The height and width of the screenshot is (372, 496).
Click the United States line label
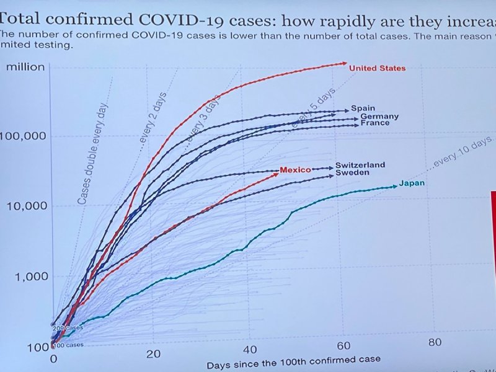(x=377, y=68)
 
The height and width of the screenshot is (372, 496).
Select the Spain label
(x=363, y=108)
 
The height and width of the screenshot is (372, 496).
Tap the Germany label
(x=379, y=117)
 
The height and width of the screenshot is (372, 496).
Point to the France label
(x=375, y=123)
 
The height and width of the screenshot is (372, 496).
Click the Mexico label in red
(x=295, y=170)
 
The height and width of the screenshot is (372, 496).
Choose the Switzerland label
(x=360, y=166)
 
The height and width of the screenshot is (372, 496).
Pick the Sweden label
(x=352, y=173)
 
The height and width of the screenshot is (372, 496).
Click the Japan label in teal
(x=412, y=183)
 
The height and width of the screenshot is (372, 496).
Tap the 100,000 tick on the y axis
(x=24, y=136)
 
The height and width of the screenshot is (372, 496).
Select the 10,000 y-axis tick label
(x=26, y=206)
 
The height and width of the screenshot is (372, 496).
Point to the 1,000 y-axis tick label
(x=29, y=277)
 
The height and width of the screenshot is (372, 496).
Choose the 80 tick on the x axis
(x=434, y=342)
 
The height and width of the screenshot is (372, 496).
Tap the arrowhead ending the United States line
(x=345, y=63)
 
